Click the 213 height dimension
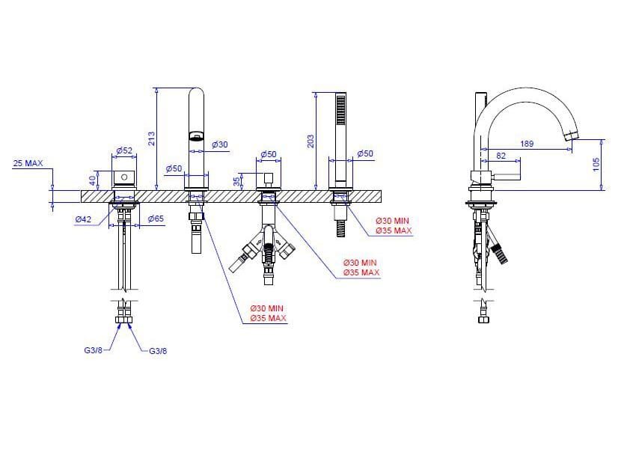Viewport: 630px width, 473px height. [x=151, y=138]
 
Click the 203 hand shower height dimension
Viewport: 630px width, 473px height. [x=311, y=141]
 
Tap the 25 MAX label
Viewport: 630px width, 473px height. [x=28, y=163]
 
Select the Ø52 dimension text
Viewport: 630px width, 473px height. [x=124, y=150]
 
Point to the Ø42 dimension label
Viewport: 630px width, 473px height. [x=83, y=219]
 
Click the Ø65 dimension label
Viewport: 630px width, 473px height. [x=156, y=219]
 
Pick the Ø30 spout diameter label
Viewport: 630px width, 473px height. [x=220, y=144]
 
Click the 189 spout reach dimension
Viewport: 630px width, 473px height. [x=527, y=144]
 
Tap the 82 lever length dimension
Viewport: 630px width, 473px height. [x=501, y=156]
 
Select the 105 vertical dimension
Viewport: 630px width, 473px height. [x=596, y=165]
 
